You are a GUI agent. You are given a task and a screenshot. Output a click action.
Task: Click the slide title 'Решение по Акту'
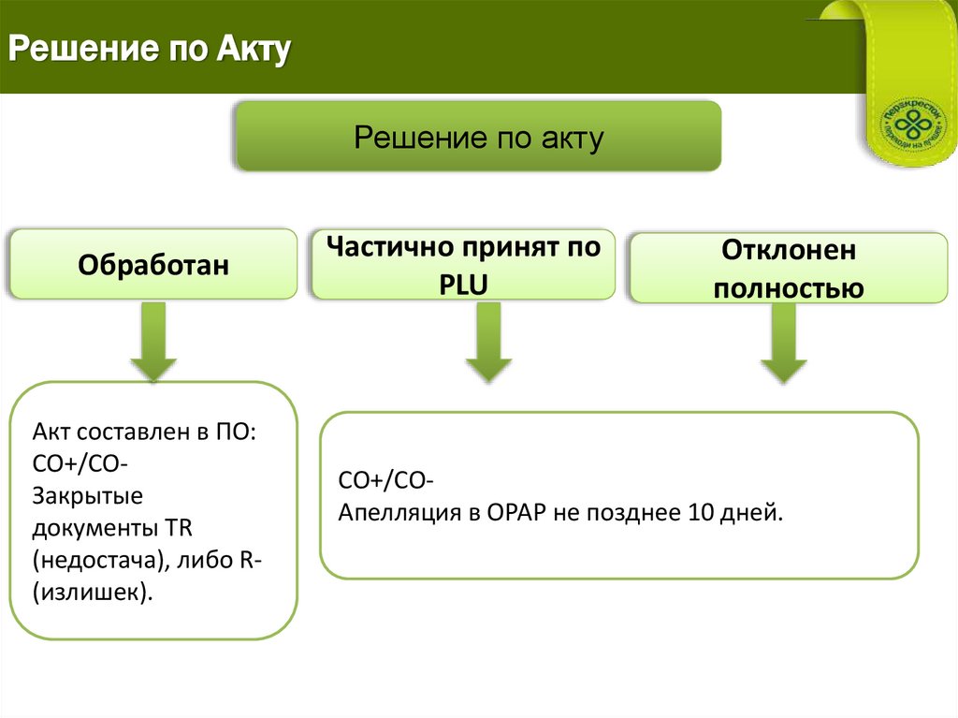151,50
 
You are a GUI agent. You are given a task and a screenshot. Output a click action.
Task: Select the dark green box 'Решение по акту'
478,138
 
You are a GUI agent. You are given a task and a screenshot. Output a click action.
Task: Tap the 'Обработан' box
153,266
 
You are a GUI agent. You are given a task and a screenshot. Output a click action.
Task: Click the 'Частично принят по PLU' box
463,265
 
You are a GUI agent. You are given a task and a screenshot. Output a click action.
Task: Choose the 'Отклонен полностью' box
788,269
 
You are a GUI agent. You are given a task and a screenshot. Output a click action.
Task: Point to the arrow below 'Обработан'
152,342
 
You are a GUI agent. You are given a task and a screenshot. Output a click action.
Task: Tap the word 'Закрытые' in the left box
87,495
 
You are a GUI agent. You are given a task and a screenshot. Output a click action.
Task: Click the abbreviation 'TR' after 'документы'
179,528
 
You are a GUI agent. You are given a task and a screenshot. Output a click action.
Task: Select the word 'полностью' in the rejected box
788,287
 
